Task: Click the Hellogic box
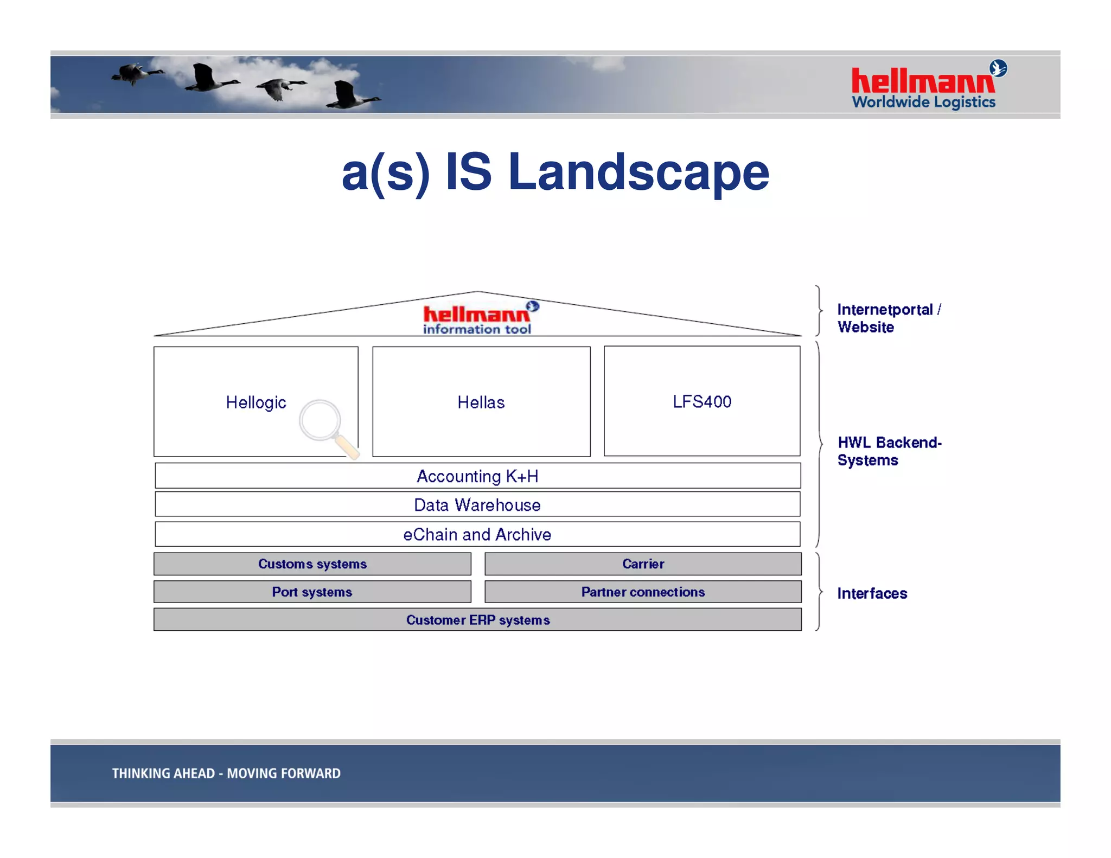256,402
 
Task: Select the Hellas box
481,402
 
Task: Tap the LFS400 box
702,401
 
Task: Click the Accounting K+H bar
477,476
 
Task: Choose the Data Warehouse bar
477,504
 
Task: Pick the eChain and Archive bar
477,534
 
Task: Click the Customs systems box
312,564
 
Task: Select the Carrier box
643,564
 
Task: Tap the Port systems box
312,592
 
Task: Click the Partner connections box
643,592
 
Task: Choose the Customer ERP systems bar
477,619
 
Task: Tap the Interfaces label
872,593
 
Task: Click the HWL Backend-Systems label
889,451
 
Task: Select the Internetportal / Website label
889,318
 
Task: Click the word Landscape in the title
638,172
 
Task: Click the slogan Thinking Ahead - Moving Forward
226,773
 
